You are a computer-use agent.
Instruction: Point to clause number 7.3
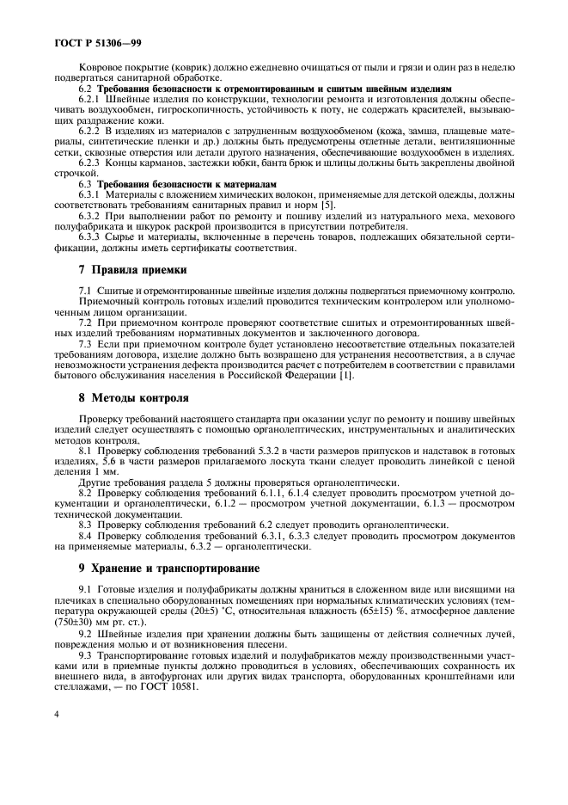[87, 345]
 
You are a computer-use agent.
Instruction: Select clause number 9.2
[87, 634]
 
